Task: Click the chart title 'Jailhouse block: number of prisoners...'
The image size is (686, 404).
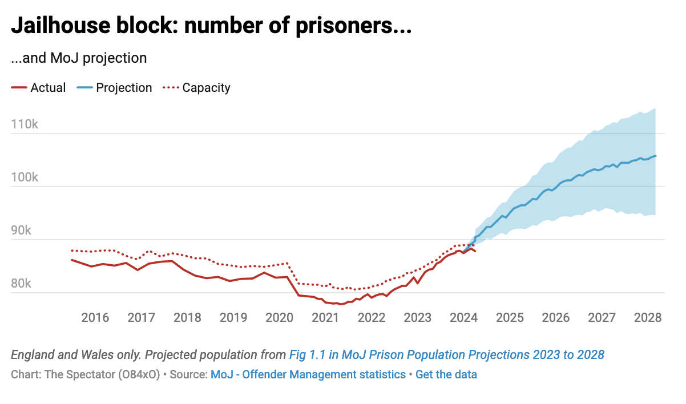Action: (211, 26)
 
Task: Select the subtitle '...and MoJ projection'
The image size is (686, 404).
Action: (79, 58)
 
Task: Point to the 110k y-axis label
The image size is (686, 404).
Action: (25, 124)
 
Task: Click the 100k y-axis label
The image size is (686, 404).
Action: (25, 177)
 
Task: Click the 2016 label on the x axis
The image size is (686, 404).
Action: (95, 317)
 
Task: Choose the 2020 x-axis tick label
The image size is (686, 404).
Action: (280, 317)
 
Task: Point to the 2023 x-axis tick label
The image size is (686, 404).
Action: (418, 317)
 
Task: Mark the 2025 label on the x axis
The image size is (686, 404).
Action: (510, 317)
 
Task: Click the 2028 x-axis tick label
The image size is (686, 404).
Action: (648, 317)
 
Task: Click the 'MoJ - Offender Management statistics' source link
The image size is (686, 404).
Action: (308, 375)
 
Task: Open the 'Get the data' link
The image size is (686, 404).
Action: (446, 375)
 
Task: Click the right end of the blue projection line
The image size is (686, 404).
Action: (655, 156)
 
